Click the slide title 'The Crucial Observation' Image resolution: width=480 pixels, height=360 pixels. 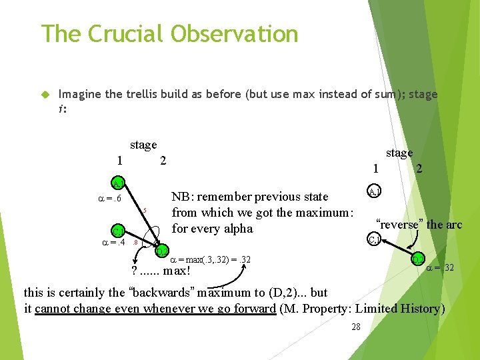[169, 33]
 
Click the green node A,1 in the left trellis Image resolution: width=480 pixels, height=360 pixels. [117, 183]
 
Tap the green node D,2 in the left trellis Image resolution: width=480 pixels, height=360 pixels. [162, 251]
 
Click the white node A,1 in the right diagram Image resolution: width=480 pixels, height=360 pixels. [375, 192]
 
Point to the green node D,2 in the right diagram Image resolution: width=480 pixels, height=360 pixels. [418, 259]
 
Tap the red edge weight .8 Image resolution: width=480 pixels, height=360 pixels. [135, 243]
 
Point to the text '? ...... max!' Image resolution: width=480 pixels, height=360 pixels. [161, 271]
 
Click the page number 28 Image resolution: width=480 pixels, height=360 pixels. [355, 327]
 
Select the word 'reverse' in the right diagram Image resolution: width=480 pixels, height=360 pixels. [399, 225]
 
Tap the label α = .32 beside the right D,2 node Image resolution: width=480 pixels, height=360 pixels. [440, 268]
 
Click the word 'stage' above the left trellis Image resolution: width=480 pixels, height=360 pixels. [143, 145]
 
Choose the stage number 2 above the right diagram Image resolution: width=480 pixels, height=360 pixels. [419, 169]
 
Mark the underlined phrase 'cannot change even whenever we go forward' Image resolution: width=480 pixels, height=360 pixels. [155, 308]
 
